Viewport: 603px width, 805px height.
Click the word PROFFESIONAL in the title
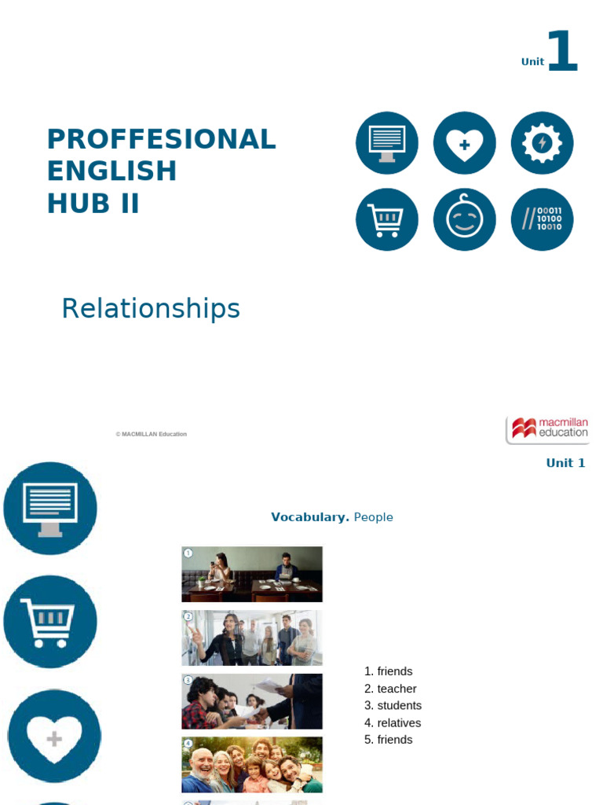coord(161,140)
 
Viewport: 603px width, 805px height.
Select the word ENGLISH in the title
coord(111,171)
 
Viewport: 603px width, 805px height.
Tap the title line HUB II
coord(93,204)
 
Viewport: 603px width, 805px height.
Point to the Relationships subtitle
coord(151,309)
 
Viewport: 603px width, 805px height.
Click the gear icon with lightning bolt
coord(542,143)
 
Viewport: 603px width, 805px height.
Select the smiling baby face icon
coord(464,219)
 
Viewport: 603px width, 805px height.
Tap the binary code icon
coord(542,219)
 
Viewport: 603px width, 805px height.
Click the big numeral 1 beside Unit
coord(562,52)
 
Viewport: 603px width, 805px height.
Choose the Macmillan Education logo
coord(547,429)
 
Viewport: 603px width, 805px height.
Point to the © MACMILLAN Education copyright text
coord(151,434)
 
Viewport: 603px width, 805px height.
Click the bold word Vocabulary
coord(309,517)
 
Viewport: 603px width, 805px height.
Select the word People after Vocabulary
coord(373,517)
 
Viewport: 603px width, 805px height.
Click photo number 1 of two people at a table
coord(252,574)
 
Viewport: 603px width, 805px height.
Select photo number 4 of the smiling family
coord(252,765)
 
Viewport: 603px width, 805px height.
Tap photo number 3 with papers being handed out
coord(252,701)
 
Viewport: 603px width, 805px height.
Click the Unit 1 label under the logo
coord(565,463)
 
